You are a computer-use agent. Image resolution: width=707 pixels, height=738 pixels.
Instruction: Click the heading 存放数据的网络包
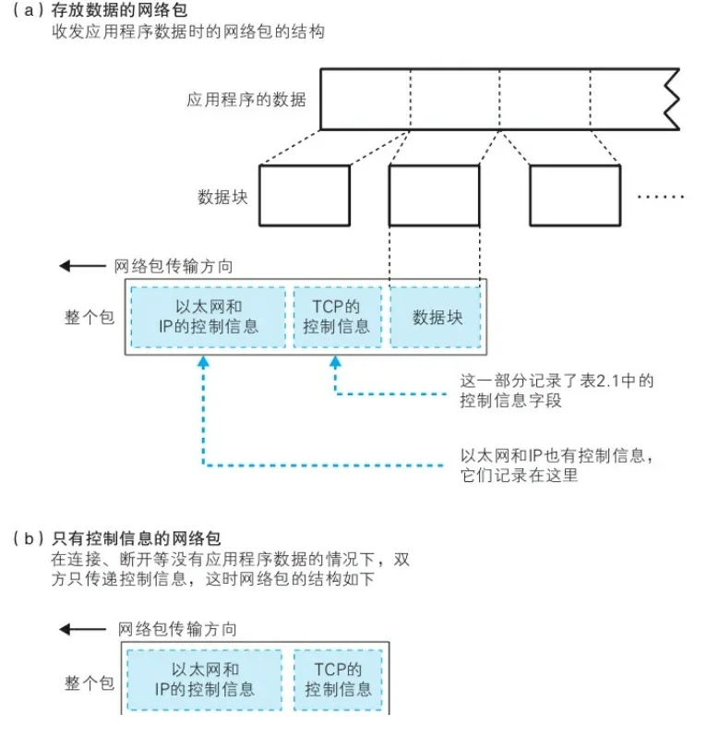click(120, 11)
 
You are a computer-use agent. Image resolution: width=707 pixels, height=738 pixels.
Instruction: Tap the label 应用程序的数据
click(246, 99)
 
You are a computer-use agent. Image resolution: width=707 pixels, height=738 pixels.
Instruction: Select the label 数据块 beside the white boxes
click(222, 197)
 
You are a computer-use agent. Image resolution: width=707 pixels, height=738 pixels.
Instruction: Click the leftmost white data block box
click(305, 196)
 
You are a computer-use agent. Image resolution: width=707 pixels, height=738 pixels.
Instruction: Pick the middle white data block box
click(435, 196)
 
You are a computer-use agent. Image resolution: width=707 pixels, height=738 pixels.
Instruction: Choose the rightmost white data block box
click(574, 196)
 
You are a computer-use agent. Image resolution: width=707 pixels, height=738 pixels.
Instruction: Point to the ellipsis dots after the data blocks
click(661, 197)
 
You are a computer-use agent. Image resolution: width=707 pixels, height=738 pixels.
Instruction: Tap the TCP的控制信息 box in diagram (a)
click(336, 317)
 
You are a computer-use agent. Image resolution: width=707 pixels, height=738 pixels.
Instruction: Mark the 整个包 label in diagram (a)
click(89, 317)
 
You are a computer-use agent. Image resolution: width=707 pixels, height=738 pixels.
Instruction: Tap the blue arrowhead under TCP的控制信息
click(336, 365)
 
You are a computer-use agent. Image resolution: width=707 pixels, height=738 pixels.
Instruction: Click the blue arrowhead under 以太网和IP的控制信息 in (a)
click(204, 365)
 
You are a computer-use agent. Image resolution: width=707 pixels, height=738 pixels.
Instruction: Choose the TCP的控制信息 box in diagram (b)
click(338, 680)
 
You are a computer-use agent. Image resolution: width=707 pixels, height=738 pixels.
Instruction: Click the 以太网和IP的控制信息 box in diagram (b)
click(204, 680)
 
